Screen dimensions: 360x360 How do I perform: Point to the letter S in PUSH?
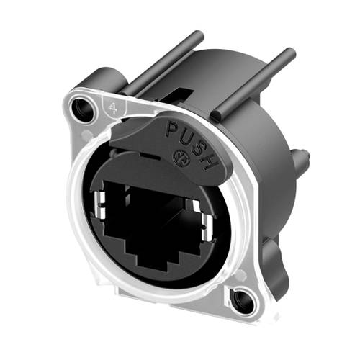[x=199, y=145]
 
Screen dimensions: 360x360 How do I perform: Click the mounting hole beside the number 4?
[x=81, y=109]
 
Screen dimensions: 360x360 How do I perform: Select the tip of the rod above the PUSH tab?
[x=289, y=52]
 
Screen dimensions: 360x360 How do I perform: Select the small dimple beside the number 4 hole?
[x=88, y=135]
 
